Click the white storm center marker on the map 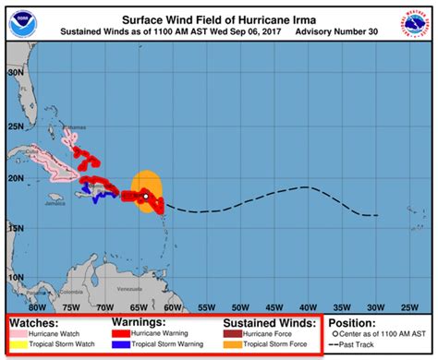[145, 195]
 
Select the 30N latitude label [16, 71]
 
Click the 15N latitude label [16, 225]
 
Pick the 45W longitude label [274, 306]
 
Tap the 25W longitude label [408, 306]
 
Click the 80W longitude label [38, 306]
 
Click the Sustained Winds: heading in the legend [268, 323]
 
